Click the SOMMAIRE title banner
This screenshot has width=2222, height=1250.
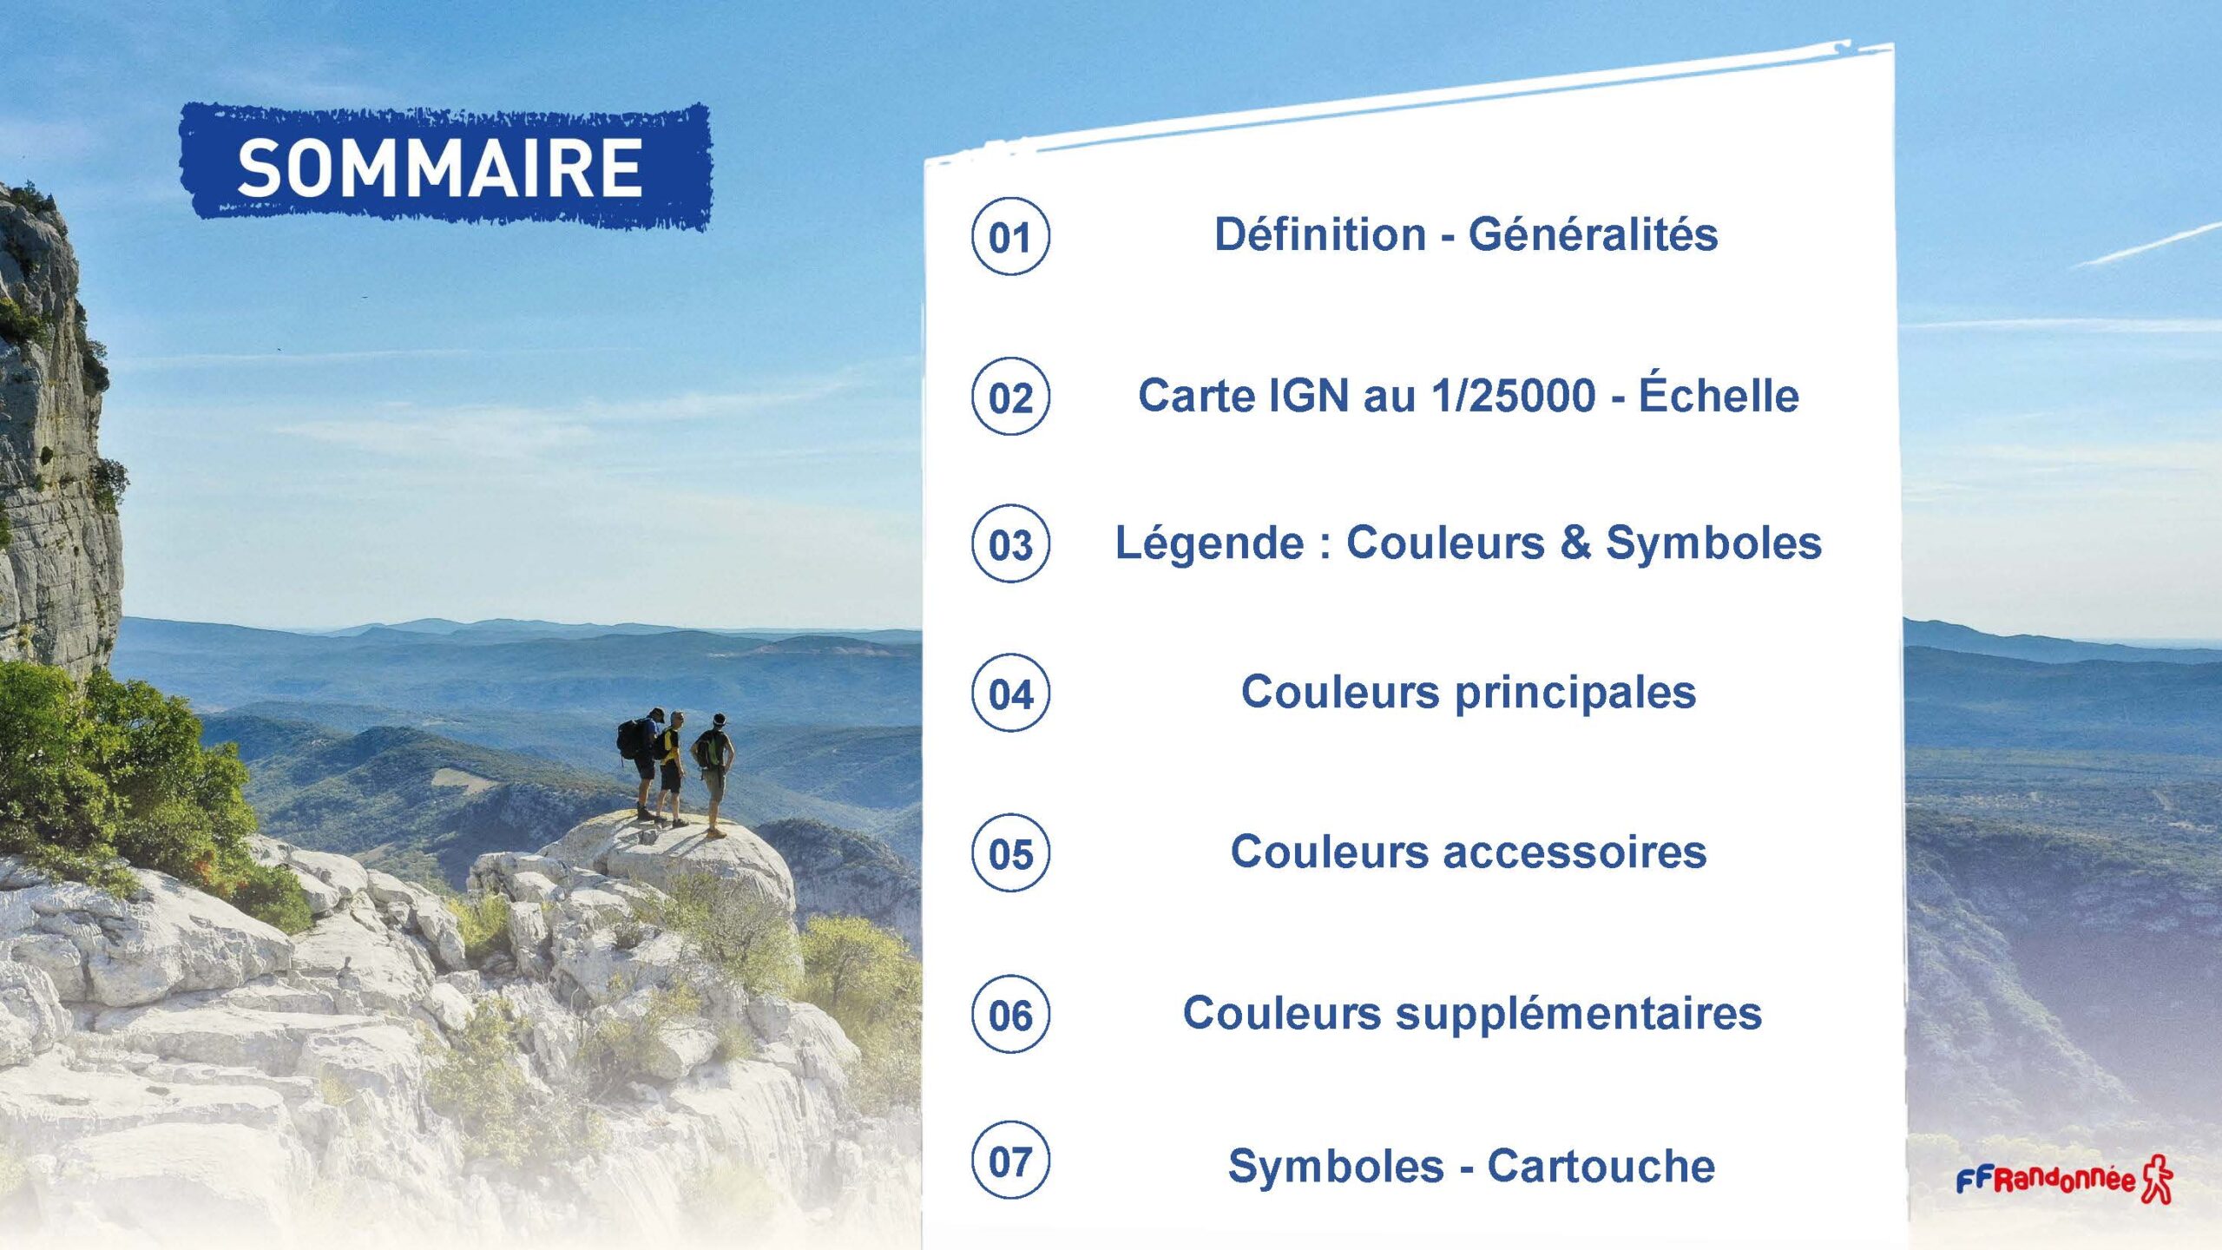pyautogui.click(x=445, y=168)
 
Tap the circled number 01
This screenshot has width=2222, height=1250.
pyautogui.click(x=1010, y=236)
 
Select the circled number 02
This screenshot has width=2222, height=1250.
pyautogui.click(x=1010, y=396)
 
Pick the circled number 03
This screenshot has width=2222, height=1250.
pyautogui.click(x=1010, y=543)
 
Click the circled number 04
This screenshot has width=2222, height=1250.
pyautogui.click(x=1010, y=693)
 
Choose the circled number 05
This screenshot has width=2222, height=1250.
pyautogui.click(x=1010, y=852)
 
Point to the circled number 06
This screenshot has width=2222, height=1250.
pyautogui.click(x=1010, y=1014)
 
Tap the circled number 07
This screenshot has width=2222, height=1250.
pyautogui.click(x=1010, y=1160)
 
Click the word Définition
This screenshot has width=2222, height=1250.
pyautogui.click(x=1320, y=234)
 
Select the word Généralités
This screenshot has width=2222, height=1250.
pyautogui.click(x=1593, y=234)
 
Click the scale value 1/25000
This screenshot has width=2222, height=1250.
pyautogui.click(x=1514, y=395)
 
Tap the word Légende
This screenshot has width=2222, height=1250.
pyautogui.click(x=1209, y=543)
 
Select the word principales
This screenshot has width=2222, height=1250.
pyautogui.click(x=1575, y=694)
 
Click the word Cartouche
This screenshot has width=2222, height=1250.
pyautogui.click(x=1601, y=1166)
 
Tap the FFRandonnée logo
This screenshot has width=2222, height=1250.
pyautogui.click(x=2063, y=1179)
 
